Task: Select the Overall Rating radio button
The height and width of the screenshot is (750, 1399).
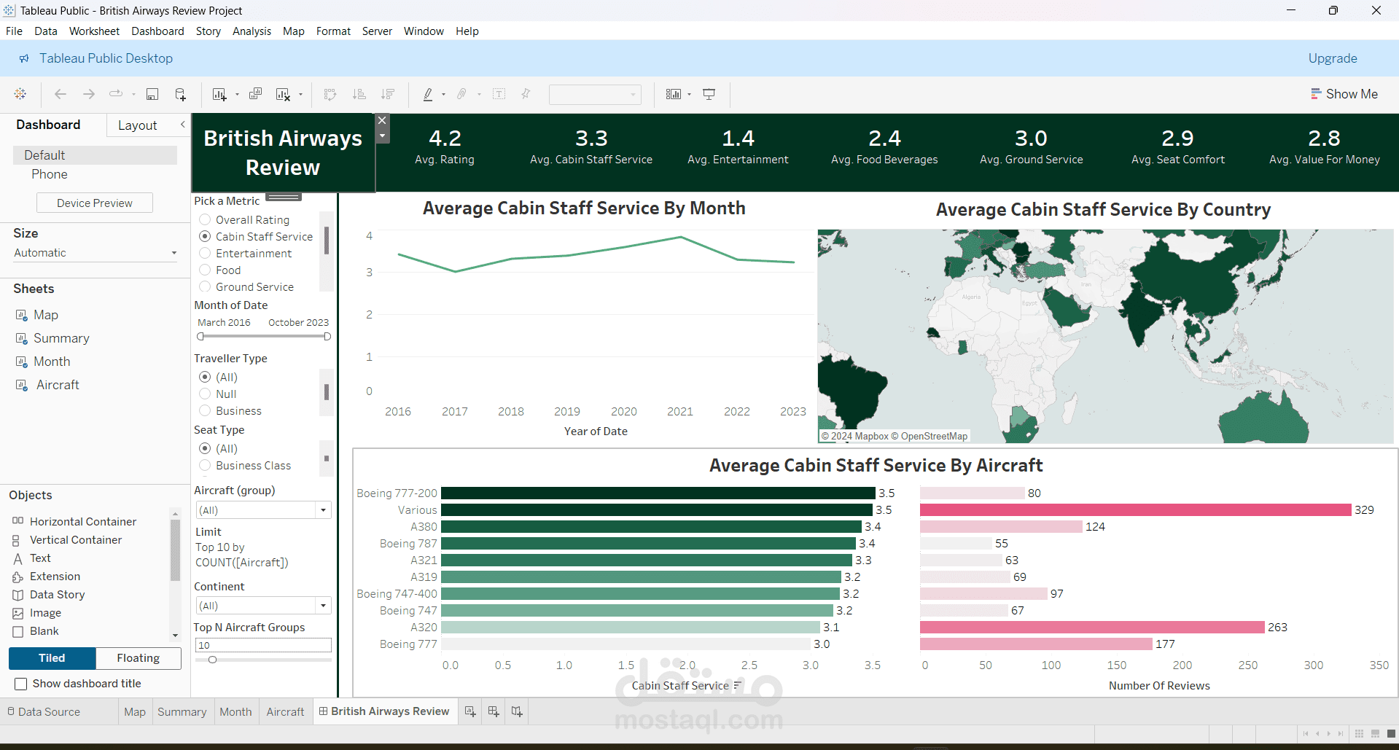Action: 205,220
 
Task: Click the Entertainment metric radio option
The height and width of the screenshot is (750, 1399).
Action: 205,254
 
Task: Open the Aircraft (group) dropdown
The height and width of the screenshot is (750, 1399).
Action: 263,510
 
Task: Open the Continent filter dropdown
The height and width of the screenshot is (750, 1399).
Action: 263,606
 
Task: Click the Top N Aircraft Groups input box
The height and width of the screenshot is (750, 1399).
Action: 263,645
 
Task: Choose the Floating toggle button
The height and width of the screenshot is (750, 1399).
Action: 138,658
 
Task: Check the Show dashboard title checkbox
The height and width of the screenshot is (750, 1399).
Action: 21,684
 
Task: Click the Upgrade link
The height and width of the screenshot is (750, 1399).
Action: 1332,58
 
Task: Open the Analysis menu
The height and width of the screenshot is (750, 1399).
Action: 252,31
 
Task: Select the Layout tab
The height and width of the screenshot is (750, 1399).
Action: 137,125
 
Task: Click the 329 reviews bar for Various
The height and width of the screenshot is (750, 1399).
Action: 1136,510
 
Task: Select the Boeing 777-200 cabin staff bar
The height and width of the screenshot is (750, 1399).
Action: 658,493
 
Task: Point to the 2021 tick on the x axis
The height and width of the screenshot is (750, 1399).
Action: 680,412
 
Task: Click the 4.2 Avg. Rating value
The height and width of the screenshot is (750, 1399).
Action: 445,138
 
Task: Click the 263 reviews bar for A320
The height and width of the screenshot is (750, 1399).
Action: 1092,628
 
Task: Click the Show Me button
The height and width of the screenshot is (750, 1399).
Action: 1344,94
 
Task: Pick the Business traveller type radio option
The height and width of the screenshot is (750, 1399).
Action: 205,411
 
